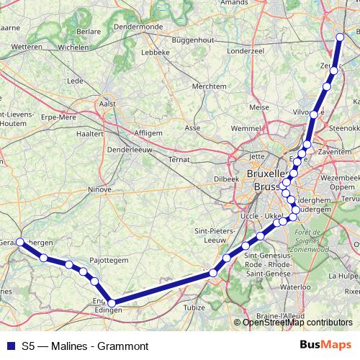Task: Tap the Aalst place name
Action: click(107, 104)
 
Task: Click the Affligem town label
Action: click(149, 133)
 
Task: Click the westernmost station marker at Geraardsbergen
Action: click(21, 242)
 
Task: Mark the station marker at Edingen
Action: click(111, 303)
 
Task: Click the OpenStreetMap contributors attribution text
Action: click(297, 323)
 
